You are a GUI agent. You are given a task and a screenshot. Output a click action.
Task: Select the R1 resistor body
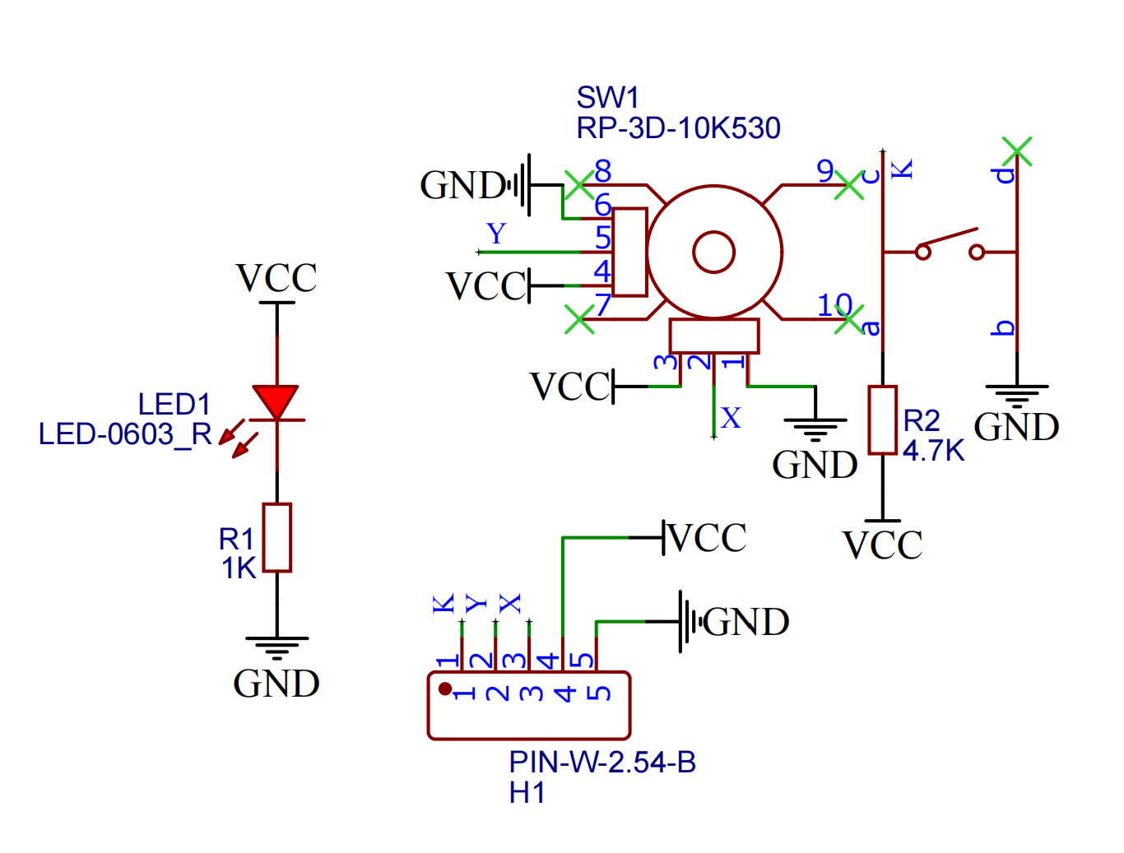pos(277,537)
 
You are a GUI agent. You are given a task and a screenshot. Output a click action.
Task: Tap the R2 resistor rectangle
pos(883,420)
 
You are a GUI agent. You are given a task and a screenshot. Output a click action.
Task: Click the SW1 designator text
pos(607,98)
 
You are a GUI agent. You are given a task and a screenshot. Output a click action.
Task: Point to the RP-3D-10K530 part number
pos(678,128)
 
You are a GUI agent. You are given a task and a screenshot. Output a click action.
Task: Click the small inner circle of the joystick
pos(713,252)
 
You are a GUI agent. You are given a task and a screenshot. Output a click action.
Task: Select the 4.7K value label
pos(933,451)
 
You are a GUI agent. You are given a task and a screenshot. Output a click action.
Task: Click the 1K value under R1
pos(239,568)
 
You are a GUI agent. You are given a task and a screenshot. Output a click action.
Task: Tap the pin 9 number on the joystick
pos(825,171)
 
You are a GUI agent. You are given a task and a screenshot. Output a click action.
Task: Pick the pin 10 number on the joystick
pos(834,305)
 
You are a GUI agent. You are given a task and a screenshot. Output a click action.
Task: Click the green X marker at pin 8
pos(578,184)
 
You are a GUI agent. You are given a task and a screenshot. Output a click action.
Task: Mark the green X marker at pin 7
pos(579,319)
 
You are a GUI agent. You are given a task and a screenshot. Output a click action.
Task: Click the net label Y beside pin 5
pos(496,234)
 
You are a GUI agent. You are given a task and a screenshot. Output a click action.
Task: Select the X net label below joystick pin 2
pos(731,418)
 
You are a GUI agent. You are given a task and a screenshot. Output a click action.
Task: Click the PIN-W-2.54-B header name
pos(602,763)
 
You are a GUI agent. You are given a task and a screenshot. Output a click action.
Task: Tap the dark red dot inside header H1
pos(445,688)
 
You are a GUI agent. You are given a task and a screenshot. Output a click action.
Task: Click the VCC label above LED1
pos(276,279)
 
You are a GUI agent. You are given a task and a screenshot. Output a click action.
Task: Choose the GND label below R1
pos(276,684)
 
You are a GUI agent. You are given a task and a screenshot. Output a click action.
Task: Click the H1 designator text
pos(527,793)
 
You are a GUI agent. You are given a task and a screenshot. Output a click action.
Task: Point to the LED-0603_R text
pos(125,434)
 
